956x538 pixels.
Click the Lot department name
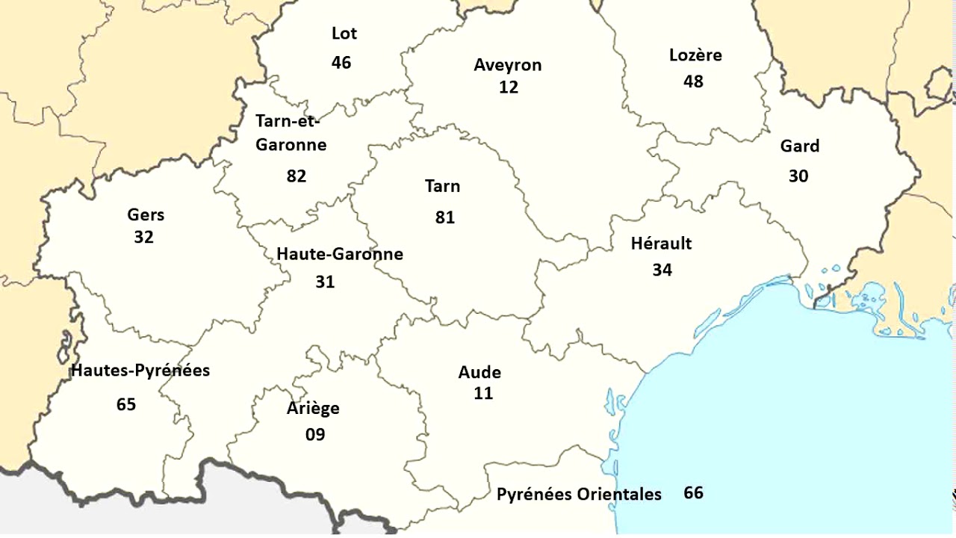pyautogui.click(x=344, y=34)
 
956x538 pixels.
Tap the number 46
pyautogui.click(x=341, y=62)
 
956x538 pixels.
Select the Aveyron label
pyautogui.click(x=508, y=65)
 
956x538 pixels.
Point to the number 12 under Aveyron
pyautogui.click(x=509, y=87)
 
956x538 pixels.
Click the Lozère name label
pyautogui.click(x=695, y=55)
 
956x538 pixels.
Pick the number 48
pyautogui.click(x=693, y=81)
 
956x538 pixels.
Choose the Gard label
pyautogui.click(x=800, y=146)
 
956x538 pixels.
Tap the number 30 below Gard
pyautogui.click(x=798, y=176)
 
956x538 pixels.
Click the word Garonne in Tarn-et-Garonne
pyautogui.click(x=291, y=145)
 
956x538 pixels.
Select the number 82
pyautogui.click(x=297, y=176)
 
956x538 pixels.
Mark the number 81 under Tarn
pyautogui.click(x=445, y=217)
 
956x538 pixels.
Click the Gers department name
pyautogui.click(x=146, y=215)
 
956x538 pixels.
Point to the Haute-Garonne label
pyautogui.click(x=340, y=254)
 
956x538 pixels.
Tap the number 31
pyautogui.click(x=325, y=282)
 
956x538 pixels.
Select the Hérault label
pyautogui.click(x=661, y=244)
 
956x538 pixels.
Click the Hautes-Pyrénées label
pyautogui.click(x=140, y=371)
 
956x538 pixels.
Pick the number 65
pyautogui.click(x=126, y=404)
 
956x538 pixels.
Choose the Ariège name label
pyautogui.click(x=313, y=409)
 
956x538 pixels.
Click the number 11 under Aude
pyautogui.click(x=483, y=393)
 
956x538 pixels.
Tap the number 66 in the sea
pyautogui.click(x=693, y=493)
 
